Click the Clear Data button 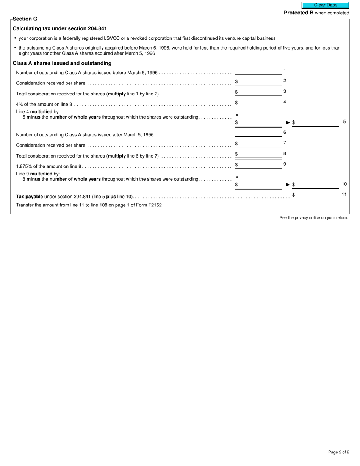(325, 5)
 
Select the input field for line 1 (258, 71)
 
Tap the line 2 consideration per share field (260, 81)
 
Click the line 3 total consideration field (260, 92)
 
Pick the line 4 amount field (260, 103)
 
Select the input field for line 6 (258, 133)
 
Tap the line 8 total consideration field (260, 154)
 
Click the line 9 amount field (260, 165)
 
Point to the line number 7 (285, 143)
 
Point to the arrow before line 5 (288, 123)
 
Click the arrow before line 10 (288, 185)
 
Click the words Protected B (299, 13)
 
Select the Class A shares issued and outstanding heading (62, 63)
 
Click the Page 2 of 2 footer (338, 452)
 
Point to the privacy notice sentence (313, 218)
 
